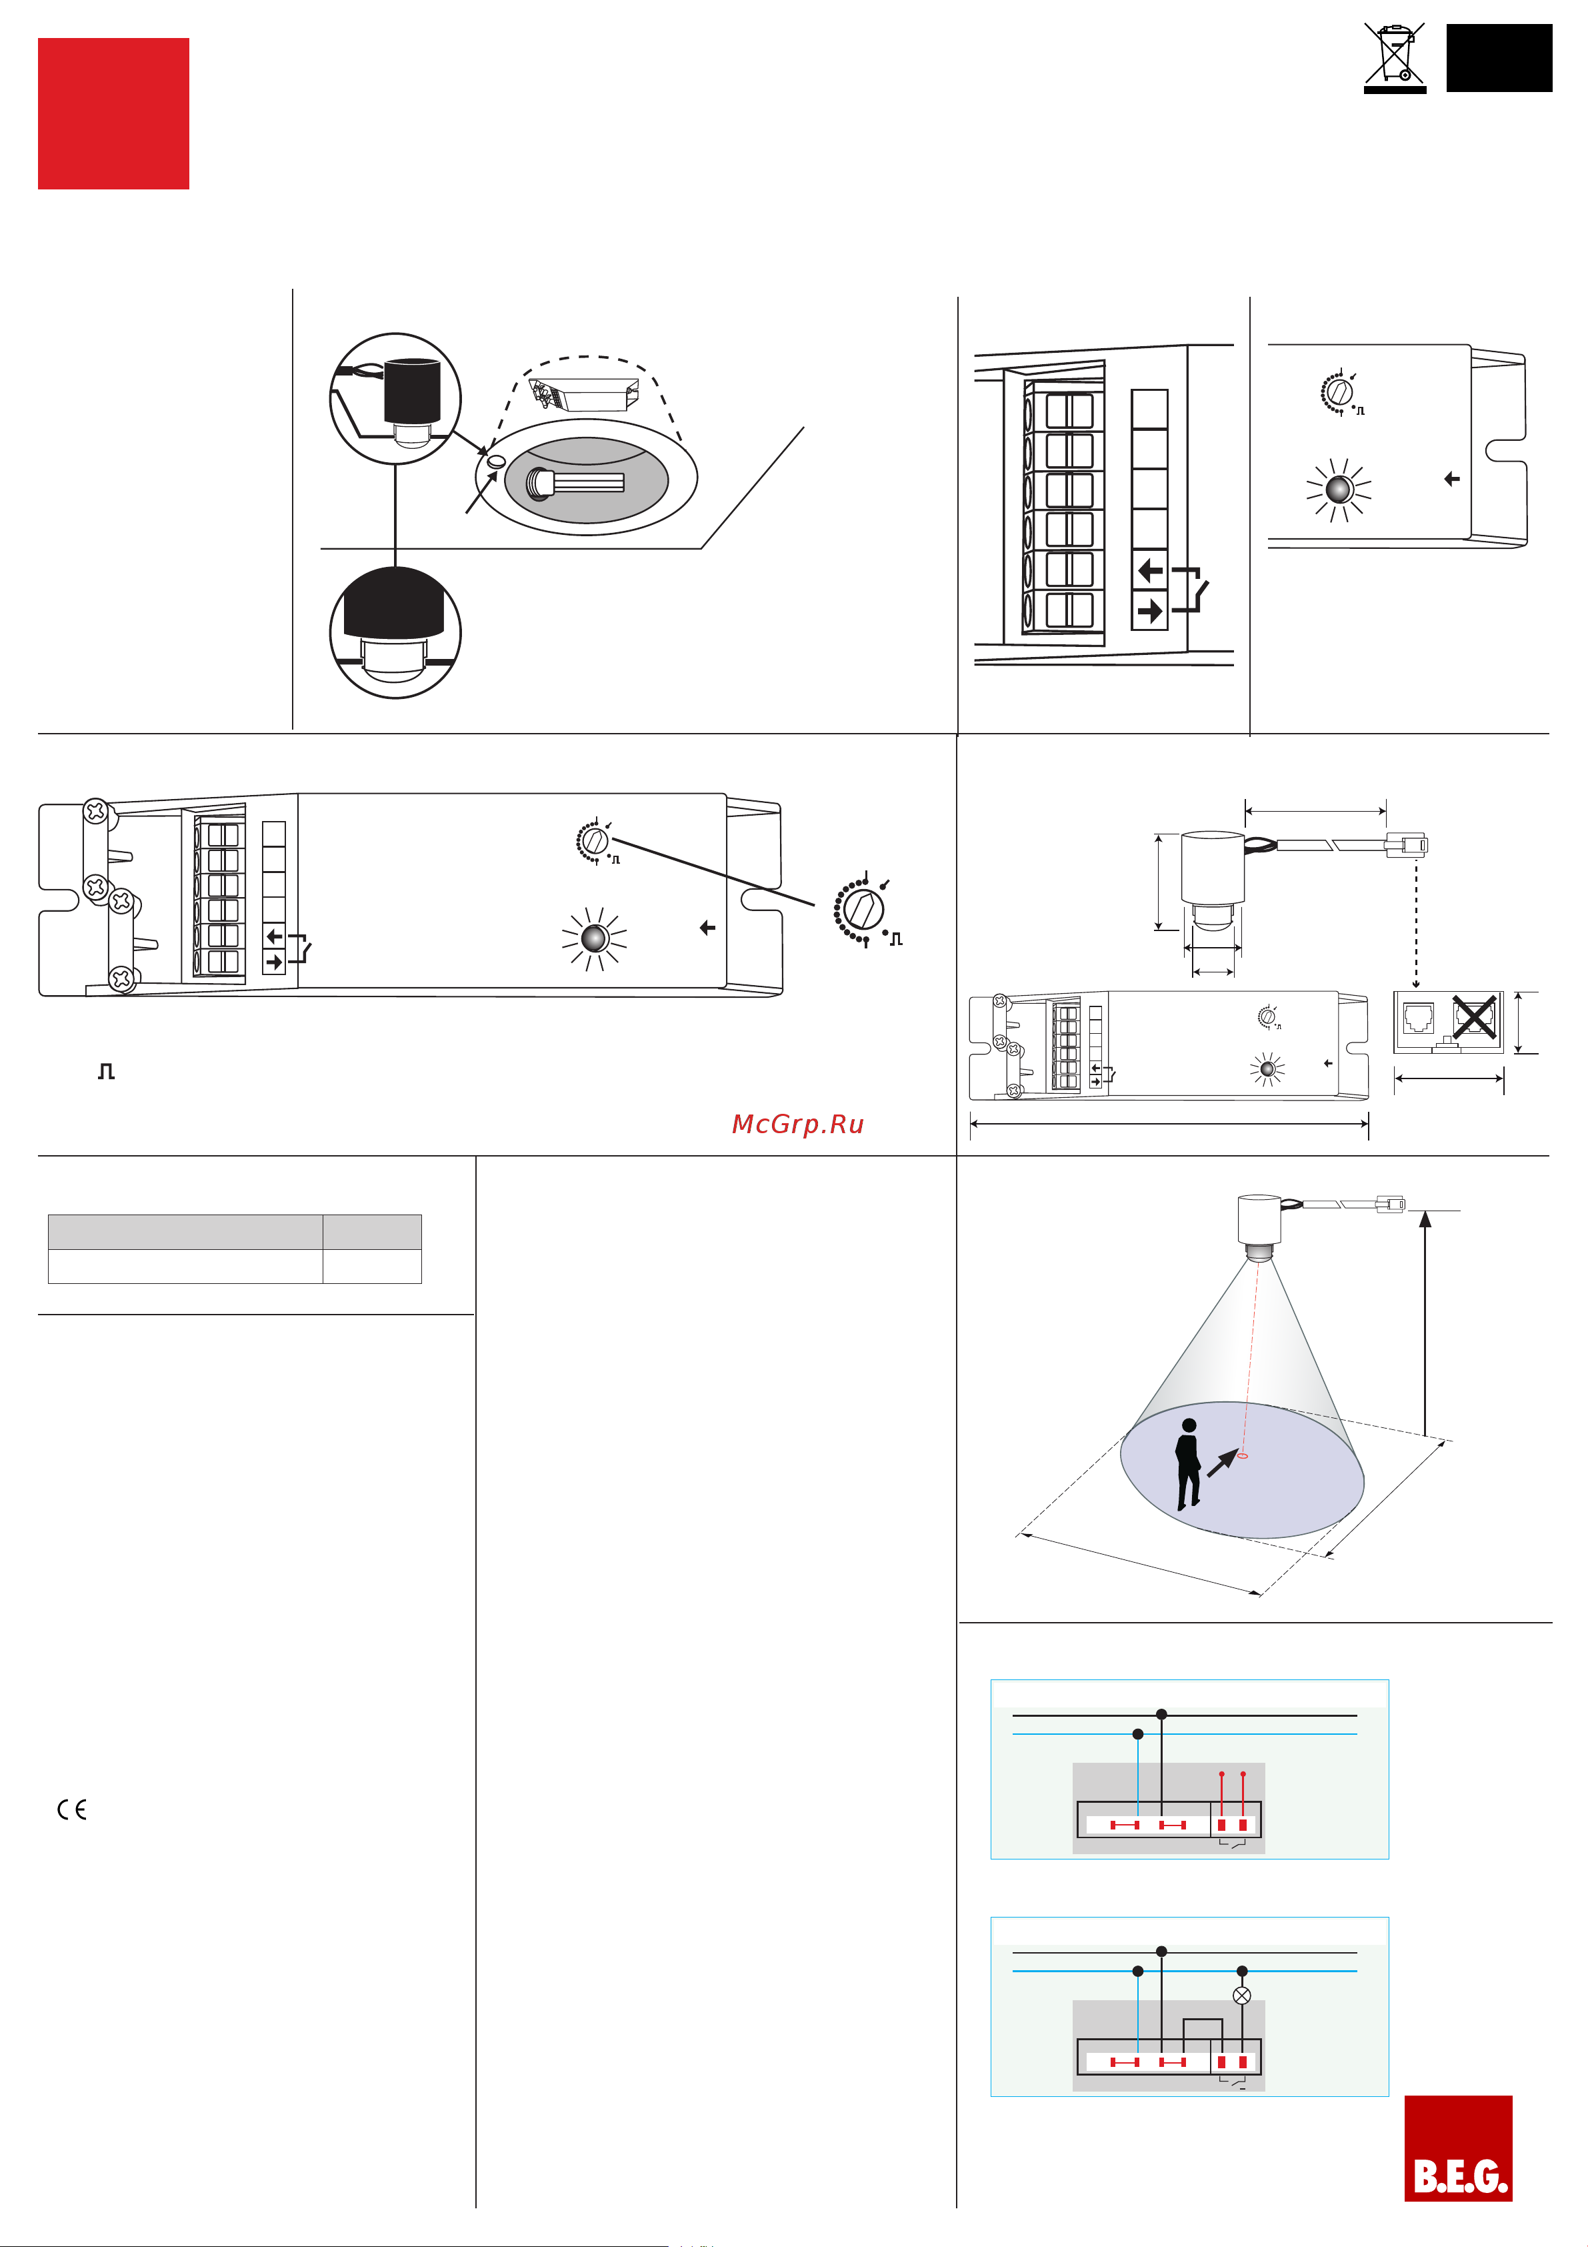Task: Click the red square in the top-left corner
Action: [113, 113]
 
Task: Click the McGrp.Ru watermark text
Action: [797, 1125]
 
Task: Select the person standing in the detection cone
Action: [1188, 1463]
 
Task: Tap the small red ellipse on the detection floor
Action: [1243, 1456]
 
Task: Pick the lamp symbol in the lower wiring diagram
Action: [1241, 1996]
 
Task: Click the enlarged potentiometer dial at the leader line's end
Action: [861, 909]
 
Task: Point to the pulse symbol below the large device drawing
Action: [107, 1072]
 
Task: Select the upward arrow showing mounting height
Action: [1425, 1321]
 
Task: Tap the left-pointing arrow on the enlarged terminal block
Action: [1149, 570]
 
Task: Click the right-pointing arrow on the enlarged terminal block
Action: [1149, 612]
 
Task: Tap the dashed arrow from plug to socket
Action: [1416, 920]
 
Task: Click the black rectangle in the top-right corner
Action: [1499, 59]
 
